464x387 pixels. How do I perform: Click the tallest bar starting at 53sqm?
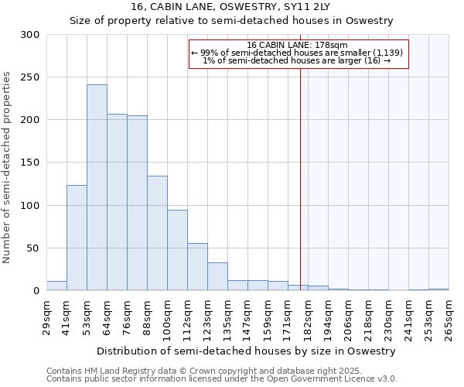[97, 188]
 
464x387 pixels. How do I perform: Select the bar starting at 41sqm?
[77, 238]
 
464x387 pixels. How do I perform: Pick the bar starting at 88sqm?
[157, 233]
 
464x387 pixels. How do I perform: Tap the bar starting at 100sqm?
[177, 250]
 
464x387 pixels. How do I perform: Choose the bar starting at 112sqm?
[197, 267]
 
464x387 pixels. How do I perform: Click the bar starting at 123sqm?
[217, 276]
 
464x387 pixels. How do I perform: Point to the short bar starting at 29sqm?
[56, 286]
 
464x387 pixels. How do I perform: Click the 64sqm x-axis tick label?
[107, 317]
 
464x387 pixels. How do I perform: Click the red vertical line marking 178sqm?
[300, 193]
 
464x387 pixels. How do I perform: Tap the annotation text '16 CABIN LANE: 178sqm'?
[298, 45]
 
